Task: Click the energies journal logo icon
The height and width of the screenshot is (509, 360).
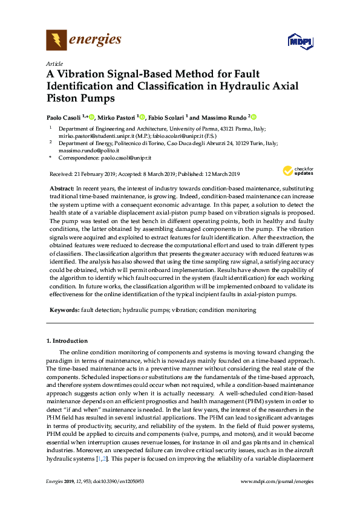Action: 56,41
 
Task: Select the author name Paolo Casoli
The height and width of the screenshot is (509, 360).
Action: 65,117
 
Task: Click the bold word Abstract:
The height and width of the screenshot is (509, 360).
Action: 61,189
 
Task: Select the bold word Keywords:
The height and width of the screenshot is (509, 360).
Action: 64,310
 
